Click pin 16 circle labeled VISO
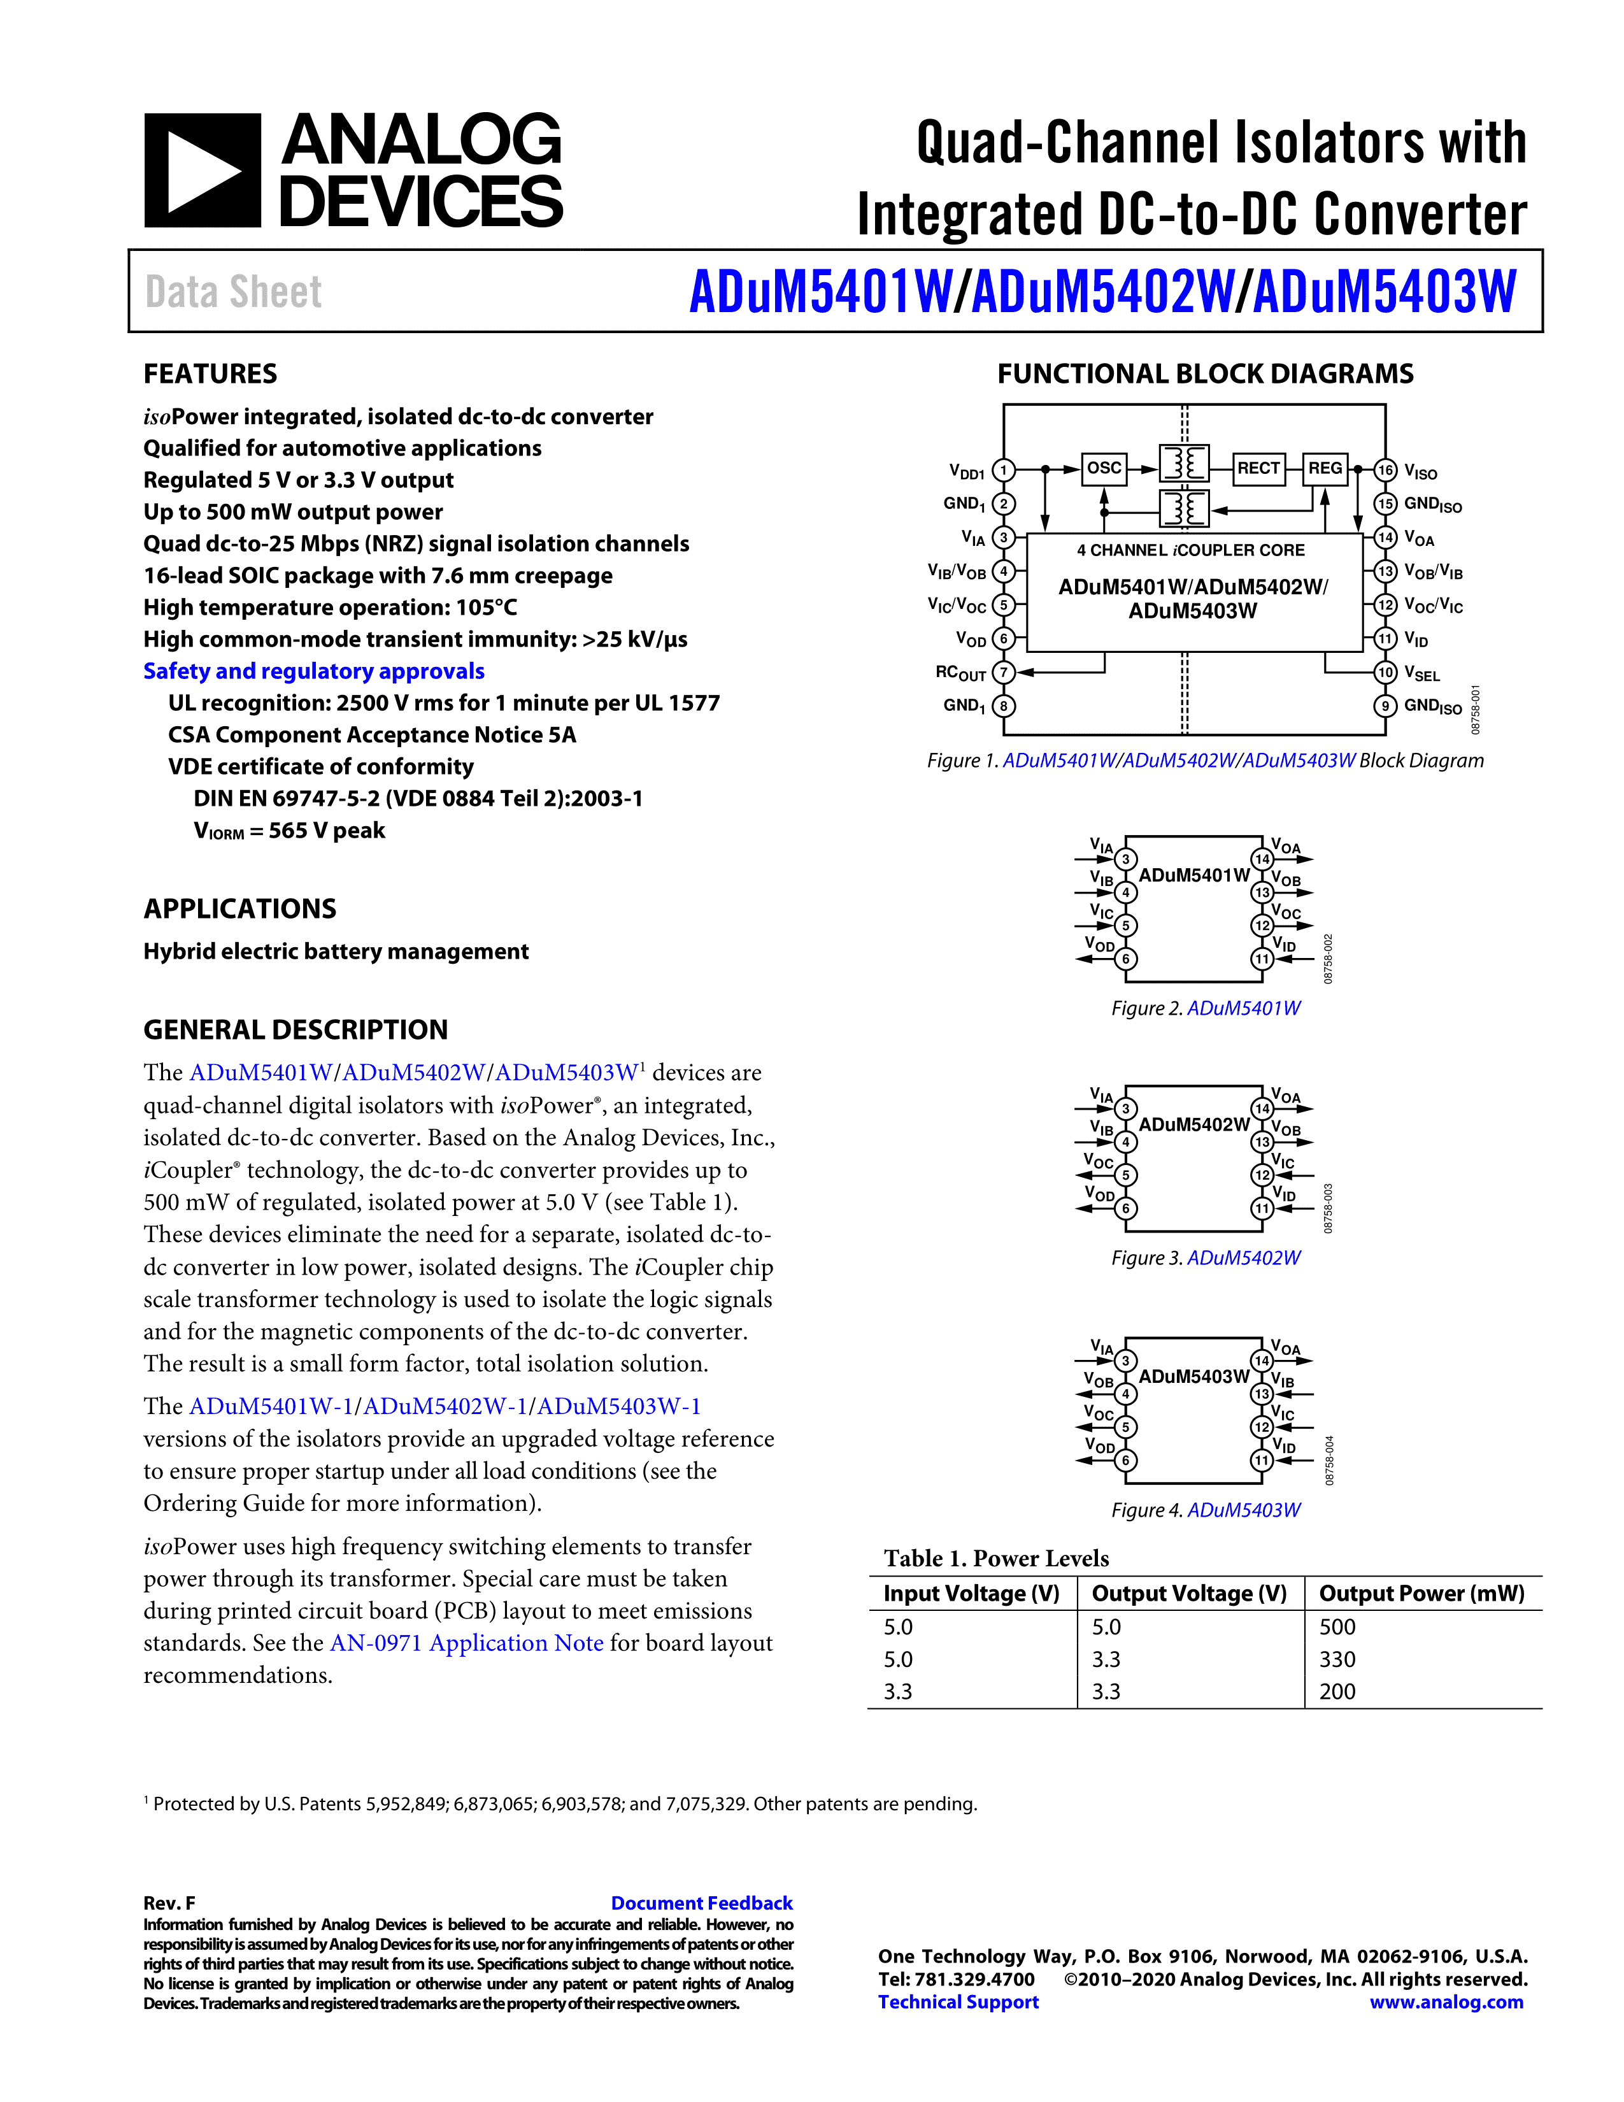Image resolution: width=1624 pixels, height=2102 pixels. pos(1385,471)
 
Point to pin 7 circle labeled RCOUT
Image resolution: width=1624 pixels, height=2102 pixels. pos(1004,673)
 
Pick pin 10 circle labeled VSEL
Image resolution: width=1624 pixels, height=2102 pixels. pos(1385,673)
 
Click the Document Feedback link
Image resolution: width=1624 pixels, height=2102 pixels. pos(701,1903)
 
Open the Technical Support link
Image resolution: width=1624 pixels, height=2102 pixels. pos(958,2002)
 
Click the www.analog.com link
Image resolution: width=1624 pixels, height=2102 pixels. pos(1446,2002)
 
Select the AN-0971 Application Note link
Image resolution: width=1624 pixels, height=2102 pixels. pos(467,1643)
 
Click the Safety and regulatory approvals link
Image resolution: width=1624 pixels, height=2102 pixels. pos(313,671)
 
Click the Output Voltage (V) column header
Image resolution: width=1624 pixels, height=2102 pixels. pos(1189,1594)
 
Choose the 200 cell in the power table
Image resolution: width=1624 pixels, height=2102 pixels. pos(1337,1692)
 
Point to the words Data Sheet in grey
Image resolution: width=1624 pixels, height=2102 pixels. pos(234,292)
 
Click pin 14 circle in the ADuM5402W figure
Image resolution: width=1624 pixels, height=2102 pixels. pos(1261,1109)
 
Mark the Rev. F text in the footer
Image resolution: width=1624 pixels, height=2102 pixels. pos(169,1903)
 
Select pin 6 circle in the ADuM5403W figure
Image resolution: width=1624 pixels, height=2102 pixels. pos(1125,1460)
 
